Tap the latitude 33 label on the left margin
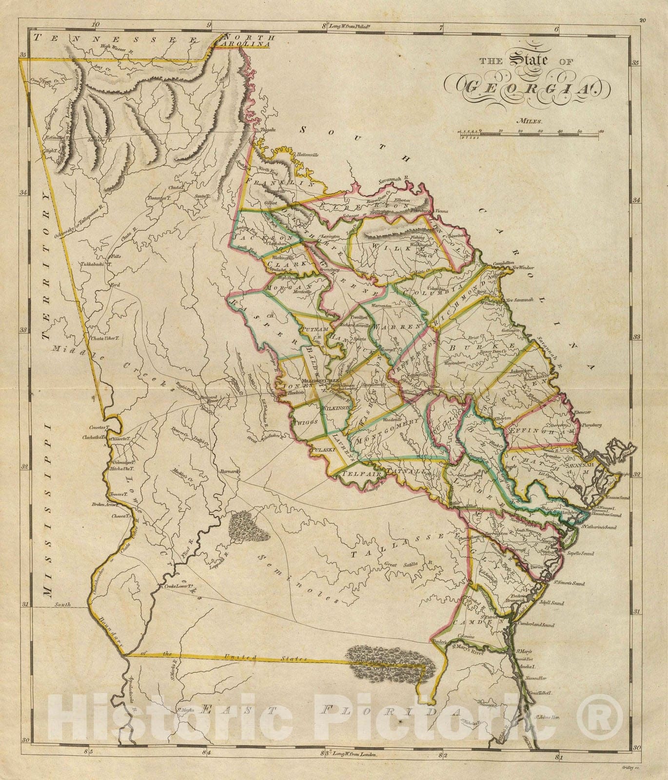(x=23, y=330)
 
